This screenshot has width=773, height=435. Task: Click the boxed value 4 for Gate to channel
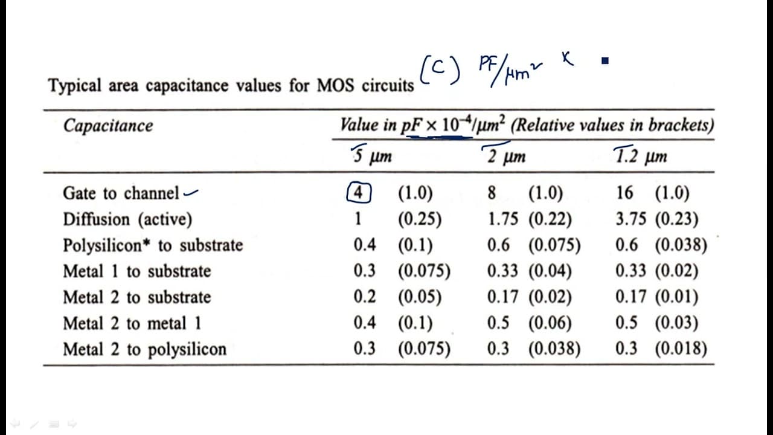pos(359,192)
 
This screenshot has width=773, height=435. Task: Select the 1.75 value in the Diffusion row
pos(503,219)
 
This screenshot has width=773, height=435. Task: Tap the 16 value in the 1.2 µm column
pos(624,193)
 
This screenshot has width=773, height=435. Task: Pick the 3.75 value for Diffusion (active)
pos(631,219)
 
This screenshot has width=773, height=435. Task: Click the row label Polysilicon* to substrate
pos(153,245)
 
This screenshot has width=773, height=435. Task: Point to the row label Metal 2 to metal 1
pos(132,323)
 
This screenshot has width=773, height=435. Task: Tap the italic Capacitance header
pos(108,126)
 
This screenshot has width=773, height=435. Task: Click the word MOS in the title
pos(335,85)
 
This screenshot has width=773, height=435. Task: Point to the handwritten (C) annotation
pos(440,69)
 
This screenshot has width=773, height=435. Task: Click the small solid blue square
pos(605,61)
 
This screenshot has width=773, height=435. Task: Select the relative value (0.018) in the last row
pos(681,349)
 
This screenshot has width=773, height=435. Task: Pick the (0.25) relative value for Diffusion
pos(420,219)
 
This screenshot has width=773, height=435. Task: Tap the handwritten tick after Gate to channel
pos(191,193)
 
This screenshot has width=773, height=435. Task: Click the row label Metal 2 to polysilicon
pos(145,349)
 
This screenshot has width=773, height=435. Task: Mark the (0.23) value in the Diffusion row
pos(677,219)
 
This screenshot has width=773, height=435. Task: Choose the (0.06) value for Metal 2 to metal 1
pos(550,323)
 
